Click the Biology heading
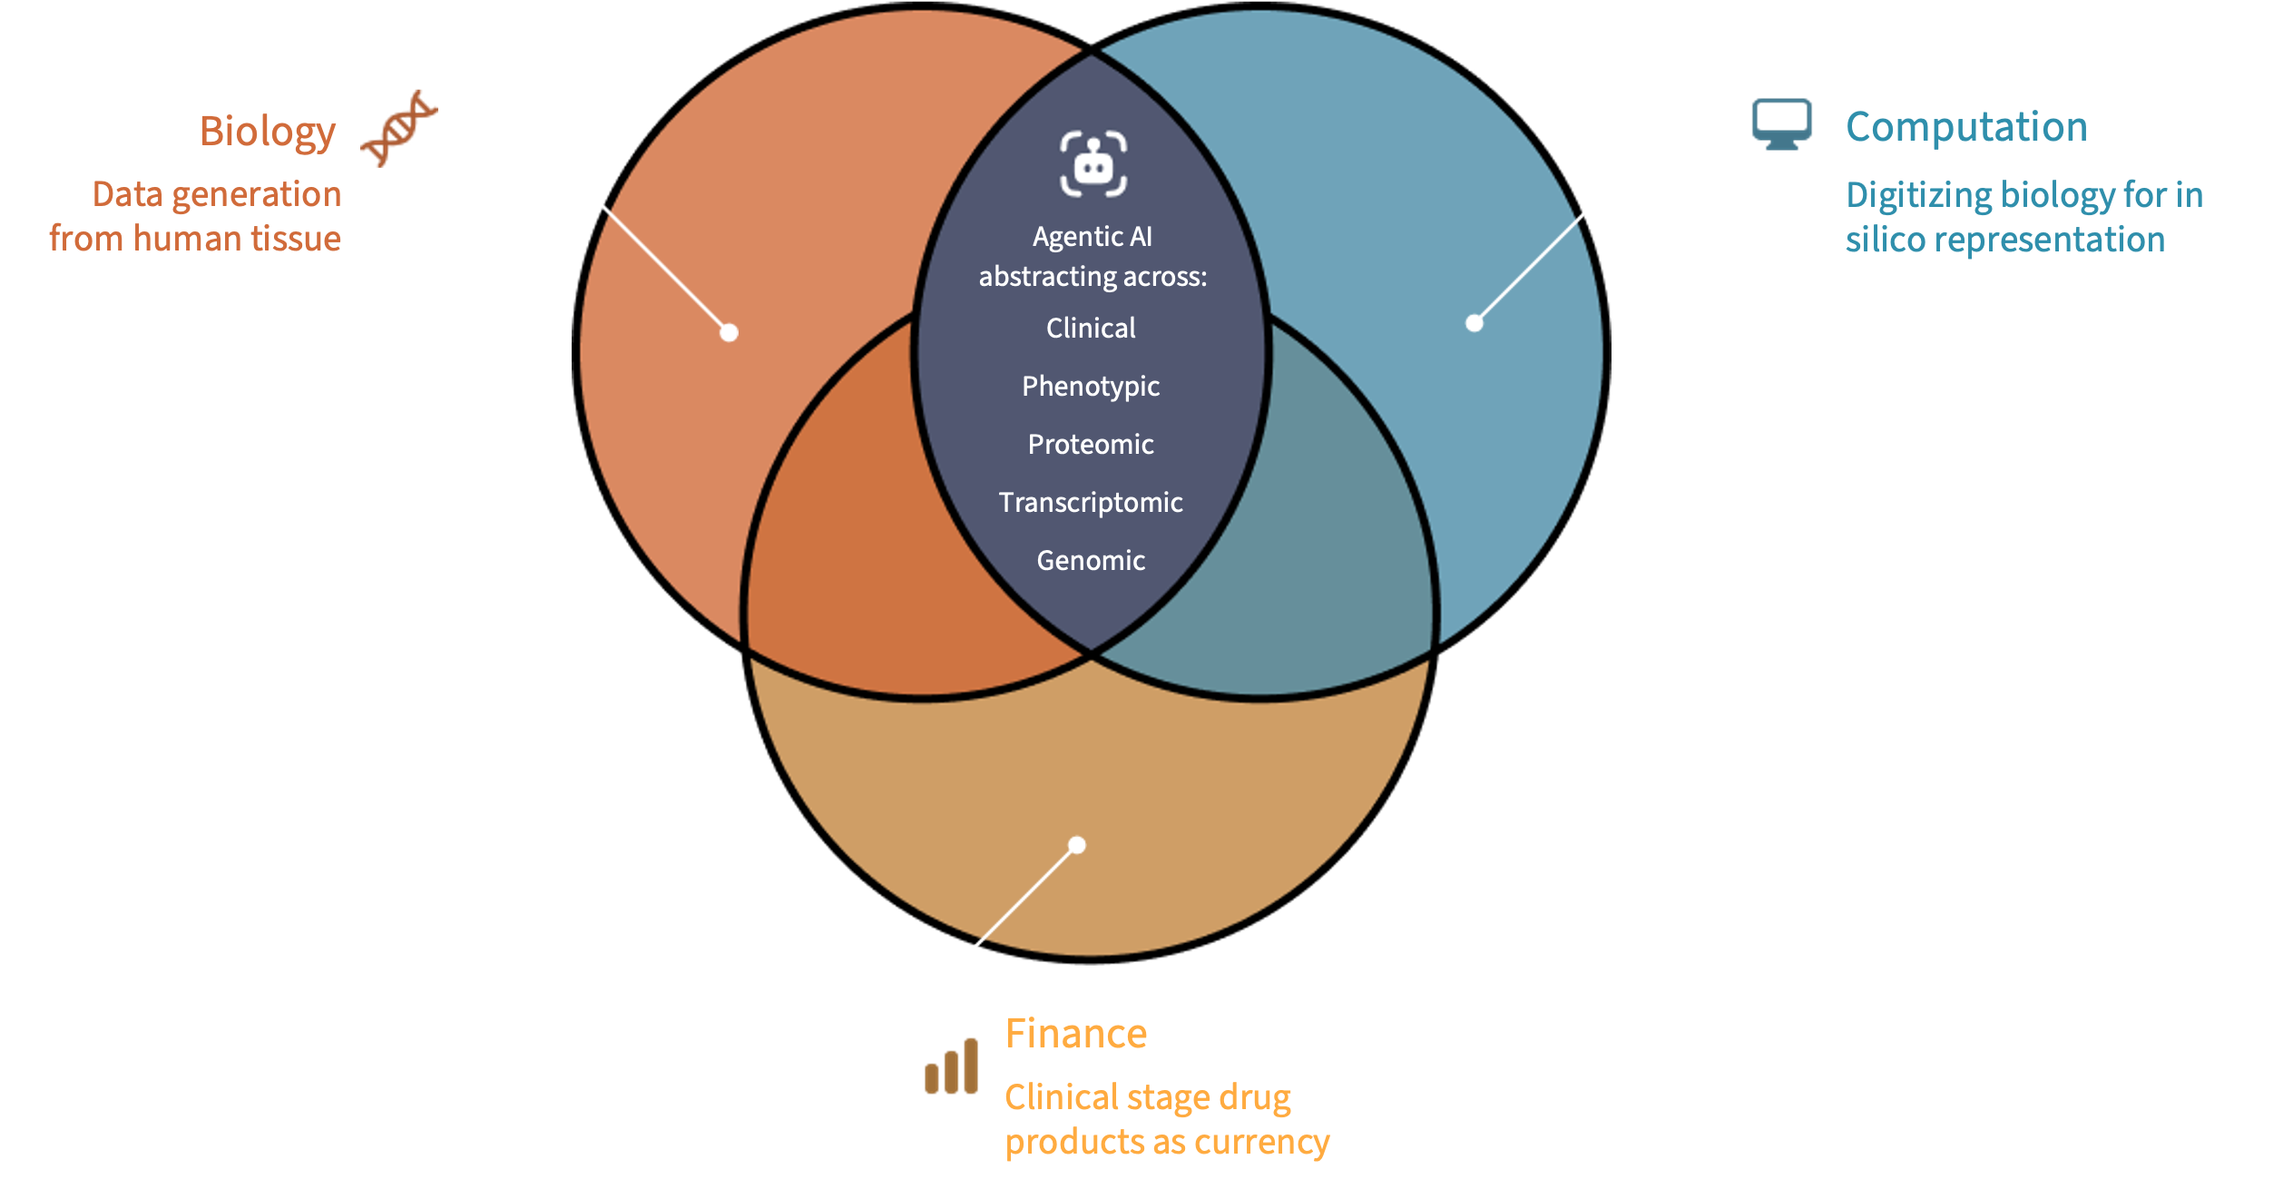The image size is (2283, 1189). coord(268,133)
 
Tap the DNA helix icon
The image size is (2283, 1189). coord(399,128)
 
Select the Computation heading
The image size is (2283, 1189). coord(1966,127)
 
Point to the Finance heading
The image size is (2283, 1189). coord(1076,1034)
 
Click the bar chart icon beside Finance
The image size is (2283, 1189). coord(951,1066)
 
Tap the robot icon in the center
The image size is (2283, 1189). coord(1093,164)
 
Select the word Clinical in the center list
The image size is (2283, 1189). coord(1091,329)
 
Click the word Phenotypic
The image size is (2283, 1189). coord(1091,387)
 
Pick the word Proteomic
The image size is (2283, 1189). coord(1091,445)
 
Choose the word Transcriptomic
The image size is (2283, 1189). coord(1091,503)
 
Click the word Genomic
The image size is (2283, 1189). coord(1091,561)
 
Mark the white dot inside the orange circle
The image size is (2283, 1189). coord(729,333)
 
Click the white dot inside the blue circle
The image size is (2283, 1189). coord(1475,323)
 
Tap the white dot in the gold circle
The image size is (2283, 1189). coord(1077,846)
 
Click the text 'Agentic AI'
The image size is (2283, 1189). coord(1093,237)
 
